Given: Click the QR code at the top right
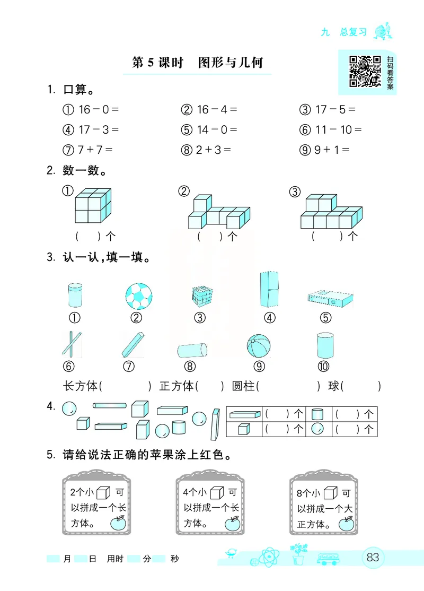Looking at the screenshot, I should [x=365, y=71].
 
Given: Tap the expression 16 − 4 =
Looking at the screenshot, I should [x=209, y=110].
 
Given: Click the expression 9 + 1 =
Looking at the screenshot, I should [x=324, y=150].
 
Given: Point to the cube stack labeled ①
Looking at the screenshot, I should [x=93, y=206].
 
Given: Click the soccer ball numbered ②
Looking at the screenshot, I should [x=138, y=295].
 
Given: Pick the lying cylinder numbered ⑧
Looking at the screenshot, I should [x=191, y=350].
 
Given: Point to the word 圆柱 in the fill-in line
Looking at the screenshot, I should [x=243, y=386].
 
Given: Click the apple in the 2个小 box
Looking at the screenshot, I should [x=118, y=523].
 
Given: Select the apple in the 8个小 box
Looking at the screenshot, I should [x=347, y=523].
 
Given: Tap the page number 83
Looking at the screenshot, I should [x=373, y=557].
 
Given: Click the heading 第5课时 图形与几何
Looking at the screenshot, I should [x=197, y=63].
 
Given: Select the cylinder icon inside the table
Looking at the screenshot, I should [x=317, y=414].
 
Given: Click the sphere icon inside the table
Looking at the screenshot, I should [x=317, y=429].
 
